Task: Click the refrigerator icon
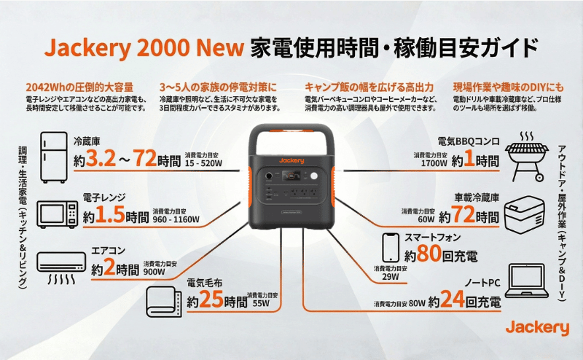(54, 157)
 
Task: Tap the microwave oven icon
(58, 214)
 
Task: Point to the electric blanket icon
(163, 301)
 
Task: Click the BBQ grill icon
(527, 156)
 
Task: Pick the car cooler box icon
(525, 214)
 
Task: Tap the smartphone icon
(391, 248)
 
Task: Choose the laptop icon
(526, 281)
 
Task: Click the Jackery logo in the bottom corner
(537, 328)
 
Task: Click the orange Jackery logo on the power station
(291, 160)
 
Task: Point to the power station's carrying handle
(291, 138)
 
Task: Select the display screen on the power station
(291, 176)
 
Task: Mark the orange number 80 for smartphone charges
(429, 254)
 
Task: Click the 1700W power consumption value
(434, 163)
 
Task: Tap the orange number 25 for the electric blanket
(211, 300)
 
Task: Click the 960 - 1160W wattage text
(176, 219)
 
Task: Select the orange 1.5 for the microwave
(110, 214)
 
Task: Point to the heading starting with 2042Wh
(79, 87)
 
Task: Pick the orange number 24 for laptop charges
(452, 300)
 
